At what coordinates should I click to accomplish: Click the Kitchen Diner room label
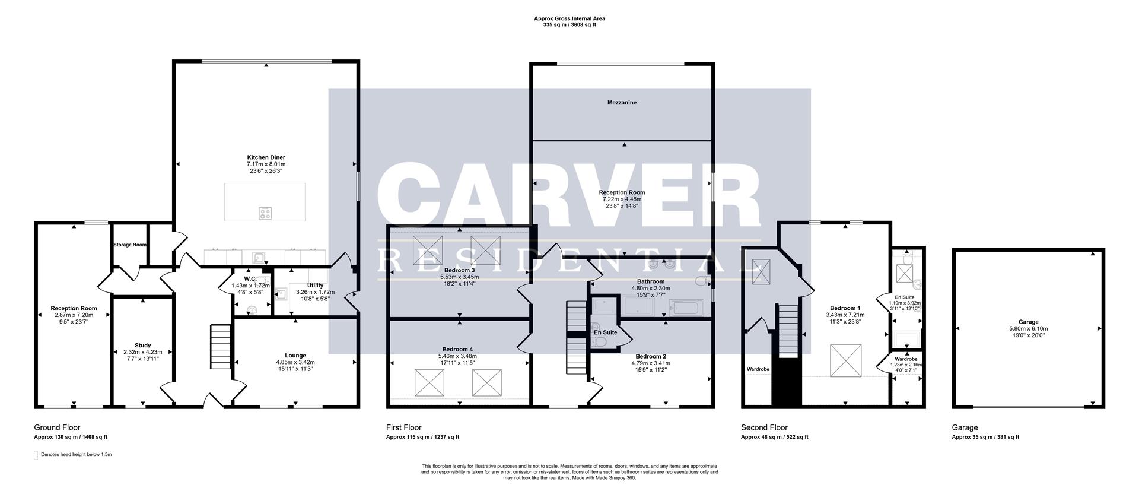(266, 157)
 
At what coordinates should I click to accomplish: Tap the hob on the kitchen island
(265, 213)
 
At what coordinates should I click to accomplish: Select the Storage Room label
(130, 245)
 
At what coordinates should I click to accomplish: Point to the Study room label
(142, 345)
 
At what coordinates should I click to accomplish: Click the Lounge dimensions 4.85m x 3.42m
(295, 362)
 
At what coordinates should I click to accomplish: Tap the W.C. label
(250, 278)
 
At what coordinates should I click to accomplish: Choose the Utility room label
(315, 286)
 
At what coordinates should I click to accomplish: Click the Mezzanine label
(622, 103)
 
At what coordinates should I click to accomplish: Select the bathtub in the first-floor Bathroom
(686, 308)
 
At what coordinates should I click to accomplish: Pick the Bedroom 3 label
(459, 270)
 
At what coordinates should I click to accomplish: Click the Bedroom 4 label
(457, 349)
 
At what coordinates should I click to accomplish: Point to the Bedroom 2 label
(651, 356)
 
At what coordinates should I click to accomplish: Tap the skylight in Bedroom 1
(845, 360)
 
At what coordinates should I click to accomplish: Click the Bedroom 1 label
(845, 308)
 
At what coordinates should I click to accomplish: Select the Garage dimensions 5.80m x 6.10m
(1028, 328)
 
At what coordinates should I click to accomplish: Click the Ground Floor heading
(57, 427)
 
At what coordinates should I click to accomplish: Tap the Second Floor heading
(764, 427)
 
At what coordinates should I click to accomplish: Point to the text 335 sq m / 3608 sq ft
(569, 25)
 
